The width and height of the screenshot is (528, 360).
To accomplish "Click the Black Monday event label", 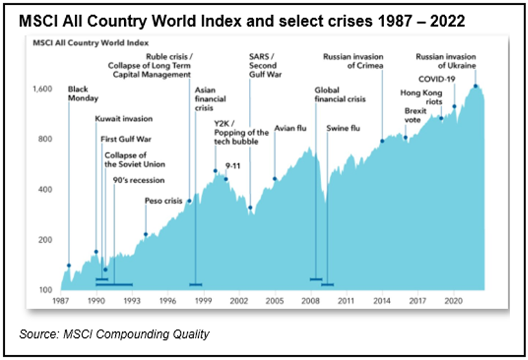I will [78, 93].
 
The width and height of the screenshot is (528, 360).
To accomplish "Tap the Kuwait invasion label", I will [123, 119].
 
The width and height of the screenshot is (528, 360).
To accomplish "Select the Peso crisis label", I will [163, 201].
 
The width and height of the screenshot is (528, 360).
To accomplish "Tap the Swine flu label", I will [338, 128].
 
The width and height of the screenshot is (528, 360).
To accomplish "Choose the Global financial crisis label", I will [339, 94].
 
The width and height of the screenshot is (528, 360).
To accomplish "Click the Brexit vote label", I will [412, 115].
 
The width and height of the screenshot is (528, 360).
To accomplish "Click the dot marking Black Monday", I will [69, 265].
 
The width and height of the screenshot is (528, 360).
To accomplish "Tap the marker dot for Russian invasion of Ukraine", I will [475, 86].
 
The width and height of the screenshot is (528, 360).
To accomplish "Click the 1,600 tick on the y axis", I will [42, 88].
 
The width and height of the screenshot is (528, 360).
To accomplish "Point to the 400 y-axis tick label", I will [46, 189].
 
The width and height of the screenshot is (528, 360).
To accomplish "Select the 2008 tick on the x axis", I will [311, 300].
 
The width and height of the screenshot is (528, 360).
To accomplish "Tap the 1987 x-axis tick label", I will [61, 300].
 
